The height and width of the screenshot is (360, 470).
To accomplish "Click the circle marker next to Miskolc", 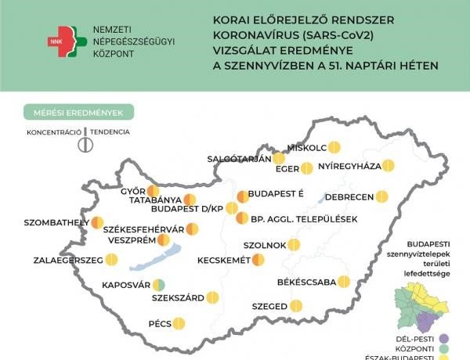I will [334, 146].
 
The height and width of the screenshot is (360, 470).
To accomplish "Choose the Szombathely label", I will [56, 223].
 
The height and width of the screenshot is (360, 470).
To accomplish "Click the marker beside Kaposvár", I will [159, 285].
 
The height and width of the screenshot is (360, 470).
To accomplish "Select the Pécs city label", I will [159, 322].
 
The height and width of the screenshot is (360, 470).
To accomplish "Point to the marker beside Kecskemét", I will [258, 259].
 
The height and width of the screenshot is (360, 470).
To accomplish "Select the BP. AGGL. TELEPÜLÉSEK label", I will [305, 218].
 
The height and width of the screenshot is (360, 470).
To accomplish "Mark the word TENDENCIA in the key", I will [110, 132].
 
